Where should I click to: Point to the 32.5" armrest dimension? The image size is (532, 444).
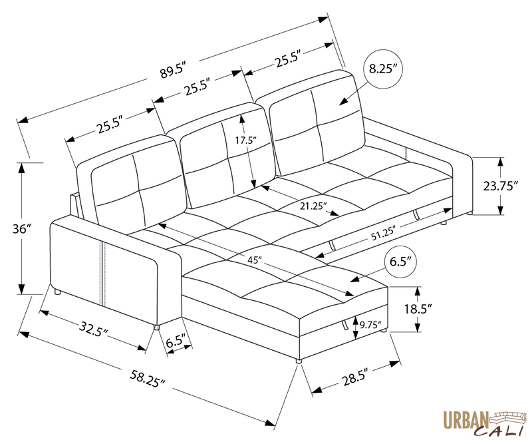click(x=94, y=328)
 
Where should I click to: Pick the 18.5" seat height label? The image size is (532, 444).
click(x=420, y=309)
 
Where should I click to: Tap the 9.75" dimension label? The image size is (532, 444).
click(x=369, y=326)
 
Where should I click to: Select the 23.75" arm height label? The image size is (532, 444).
click(x=500, y=186)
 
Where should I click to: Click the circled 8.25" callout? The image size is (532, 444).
click(x=384, y=69)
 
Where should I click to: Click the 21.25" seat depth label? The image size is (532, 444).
click(x=312, y=206)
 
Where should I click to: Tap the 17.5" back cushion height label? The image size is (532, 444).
click(x=245, y=140)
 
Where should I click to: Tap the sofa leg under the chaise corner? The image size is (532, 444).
click(x=297, y=360)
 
